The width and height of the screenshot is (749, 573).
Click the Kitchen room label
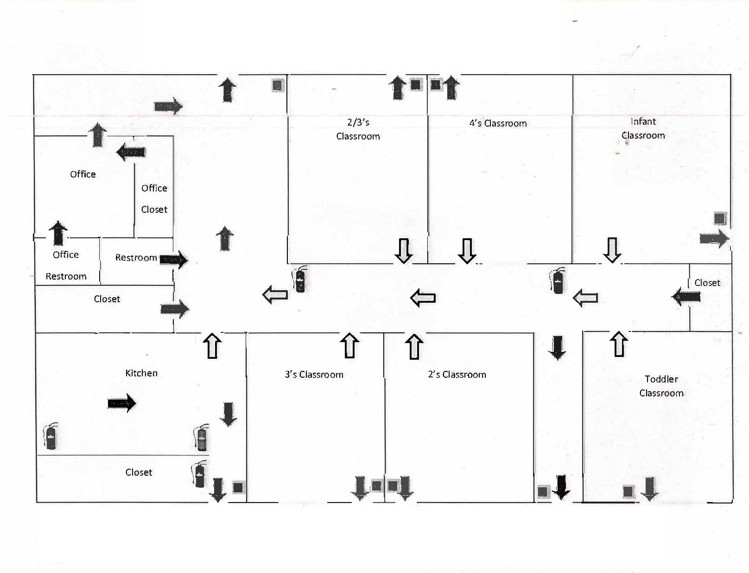[141, 373]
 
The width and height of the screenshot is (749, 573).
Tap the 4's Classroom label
[498, 123]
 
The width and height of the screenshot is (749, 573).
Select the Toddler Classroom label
[661, 386]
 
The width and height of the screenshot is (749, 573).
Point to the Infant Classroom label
[643, 128]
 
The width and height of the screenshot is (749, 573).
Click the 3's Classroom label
[314, 375]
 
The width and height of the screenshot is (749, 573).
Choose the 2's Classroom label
[457, 375]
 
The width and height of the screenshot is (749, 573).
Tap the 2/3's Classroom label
[358, 129]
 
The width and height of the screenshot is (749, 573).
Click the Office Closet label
[154, 198]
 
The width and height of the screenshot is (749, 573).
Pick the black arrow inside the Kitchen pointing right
[122, 403]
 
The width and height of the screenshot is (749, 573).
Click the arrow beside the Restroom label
[174, 260]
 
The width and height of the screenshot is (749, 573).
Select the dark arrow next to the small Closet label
[686, 297]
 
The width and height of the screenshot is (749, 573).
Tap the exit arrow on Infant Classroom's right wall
[714, 239]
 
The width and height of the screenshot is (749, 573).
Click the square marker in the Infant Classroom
[720, 218]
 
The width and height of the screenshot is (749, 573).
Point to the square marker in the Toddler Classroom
[628, 491]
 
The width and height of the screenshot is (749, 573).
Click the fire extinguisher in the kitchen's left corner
[51, 437]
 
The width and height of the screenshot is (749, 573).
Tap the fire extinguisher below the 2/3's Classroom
[299, 280]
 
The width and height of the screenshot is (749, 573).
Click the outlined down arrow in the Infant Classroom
[612, 250]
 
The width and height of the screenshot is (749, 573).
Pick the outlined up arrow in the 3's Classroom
[350, 345]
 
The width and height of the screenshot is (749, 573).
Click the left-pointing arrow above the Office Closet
[131, 152]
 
